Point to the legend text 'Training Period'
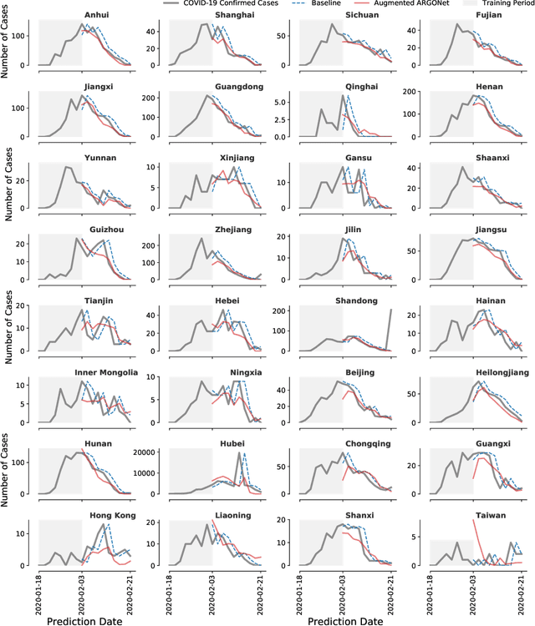point(500,4)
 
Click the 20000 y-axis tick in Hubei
point(150,454)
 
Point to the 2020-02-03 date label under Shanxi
point(343,593)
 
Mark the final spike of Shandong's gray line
point(390,310)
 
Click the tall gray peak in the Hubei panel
point(240,453)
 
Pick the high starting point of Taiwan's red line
point(474,523)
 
